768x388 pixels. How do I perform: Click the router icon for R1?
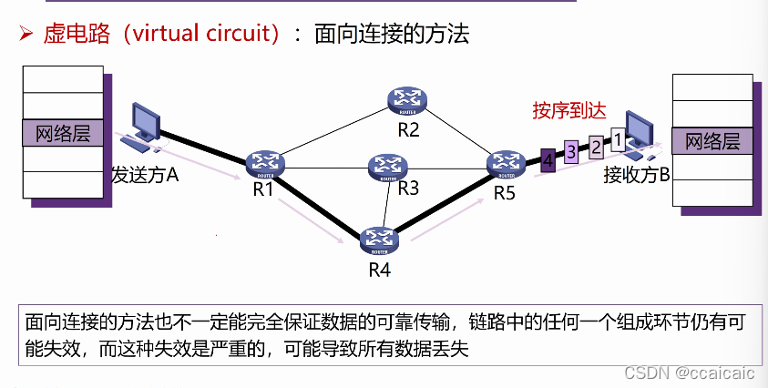(265, 163)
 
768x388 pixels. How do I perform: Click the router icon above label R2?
(407, 100)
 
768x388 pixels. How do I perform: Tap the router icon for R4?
(378, 239)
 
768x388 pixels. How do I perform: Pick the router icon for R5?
(505, 163)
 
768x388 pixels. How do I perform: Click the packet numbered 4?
(548, 160)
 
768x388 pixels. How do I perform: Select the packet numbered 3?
(571, 152)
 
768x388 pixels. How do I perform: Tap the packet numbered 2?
(595, 146)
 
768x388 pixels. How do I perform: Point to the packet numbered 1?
(617, 139)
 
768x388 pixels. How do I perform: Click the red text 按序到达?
(568, 111)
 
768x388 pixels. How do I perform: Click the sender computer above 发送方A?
(145, 127)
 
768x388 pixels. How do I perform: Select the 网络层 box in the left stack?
(63, 133)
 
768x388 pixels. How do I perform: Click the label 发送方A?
(144, 174)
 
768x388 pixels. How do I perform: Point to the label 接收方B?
(636, 175)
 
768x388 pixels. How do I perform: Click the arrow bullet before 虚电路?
(26, 35)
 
